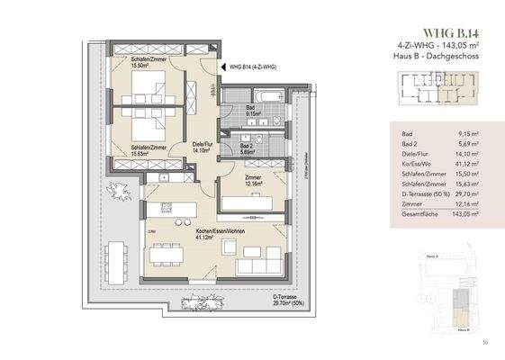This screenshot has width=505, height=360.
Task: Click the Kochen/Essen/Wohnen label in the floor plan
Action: (216, 232)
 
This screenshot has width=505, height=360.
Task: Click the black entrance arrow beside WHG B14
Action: (222, 67)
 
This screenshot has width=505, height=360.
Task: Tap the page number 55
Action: (484, 341)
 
